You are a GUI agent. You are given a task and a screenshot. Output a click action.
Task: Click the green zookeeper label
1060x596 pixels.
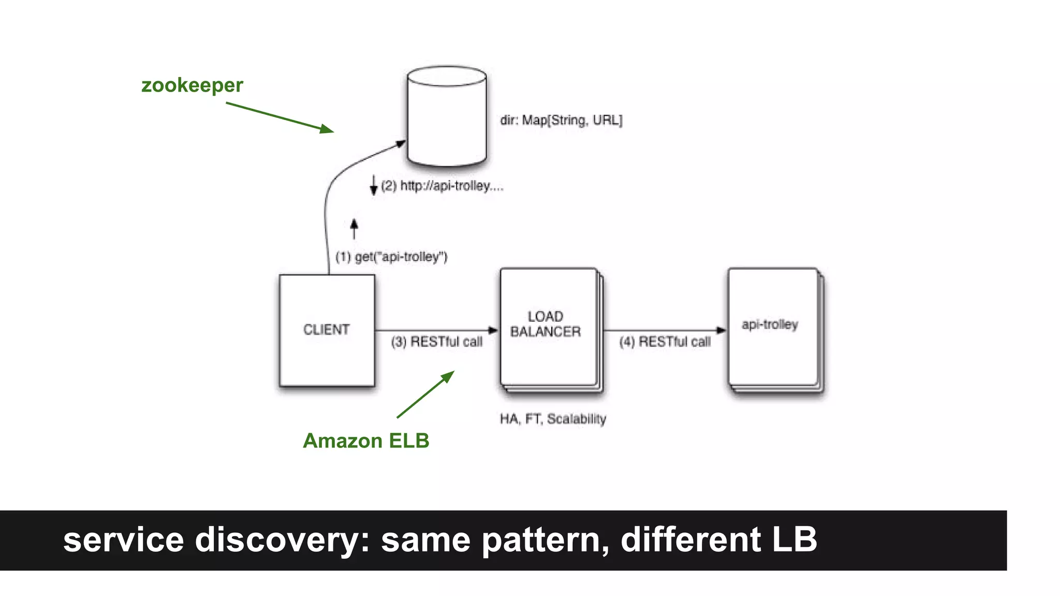tap(192, 85)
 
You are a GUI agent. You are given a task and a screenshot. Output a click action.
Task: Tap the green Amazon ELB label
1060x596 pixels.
tap(366, 441)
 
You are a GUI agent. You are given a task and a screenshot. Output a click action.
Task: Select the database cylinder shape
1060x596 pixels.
tap(447, 116)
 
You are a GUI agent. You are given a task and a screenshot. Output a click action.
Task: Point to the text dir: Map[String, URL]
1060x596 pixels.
tap(561, 120)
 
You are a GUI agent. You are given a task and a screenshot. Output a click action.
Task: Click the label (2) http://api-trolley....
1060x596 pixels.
tap(441, 186)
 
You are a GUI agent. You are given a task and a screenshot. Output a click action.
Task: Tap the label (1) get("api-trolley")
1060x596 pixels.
tap(391, 257)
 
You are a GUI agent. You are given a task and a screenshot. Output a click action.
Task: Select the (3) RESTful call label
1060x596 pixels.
tap(436, 342)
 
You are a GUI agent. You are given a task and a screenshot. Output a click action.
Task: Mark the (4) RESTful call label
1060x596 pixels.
tap(665, 342)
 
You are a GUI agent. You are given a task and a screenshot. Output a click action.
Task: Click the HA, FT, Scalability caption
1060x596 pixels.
tap(553, 419)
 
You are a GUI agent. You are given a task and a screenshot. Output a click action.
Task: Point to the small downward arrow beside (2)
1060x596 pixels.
tap(373, 185)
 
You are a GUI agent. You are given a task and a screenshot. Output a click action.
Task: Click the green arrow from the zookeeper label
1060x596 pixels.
tap(279, 117)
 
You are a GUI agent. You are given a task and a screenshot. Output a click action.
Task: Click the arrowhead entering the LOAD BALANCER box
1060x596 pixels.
tap(493, 330)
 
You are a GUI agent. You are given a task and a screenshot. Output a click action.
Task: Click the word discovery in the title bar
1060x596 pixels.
tap(282, 540)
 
